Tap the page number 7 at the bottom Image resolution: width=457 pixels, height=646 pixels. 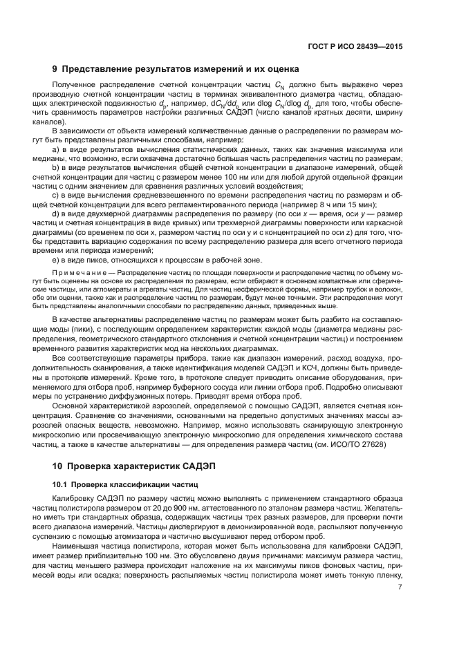400,587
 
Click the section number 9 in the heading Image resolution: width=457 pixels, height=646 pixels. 55,69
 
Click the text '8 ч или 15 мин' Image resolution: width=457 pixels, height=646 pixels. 344,204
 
